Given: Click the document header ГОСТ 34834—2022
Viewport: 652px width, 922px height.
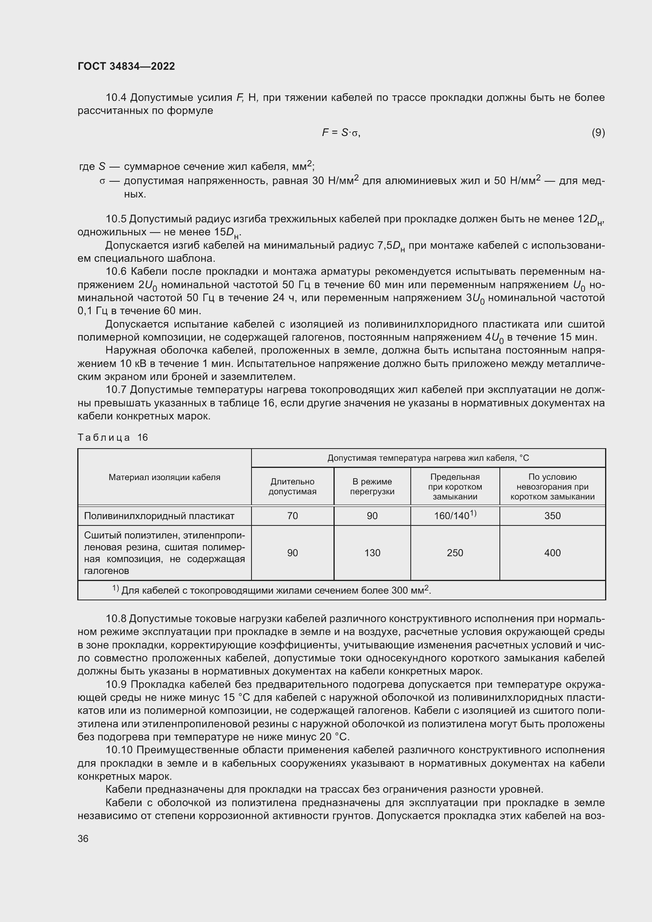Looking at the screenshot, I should pos(126,66).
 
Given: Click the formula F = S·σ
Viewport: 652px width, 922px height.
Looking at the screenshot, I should pos(341,132).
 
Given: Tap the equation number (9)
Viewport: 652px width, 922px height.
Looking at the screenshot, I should pos(598,132).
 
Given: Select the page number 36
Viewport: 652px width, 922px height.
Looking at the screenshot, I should pos(83,838).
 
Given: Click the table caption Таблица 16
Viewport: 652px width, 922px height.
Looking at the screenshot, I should pos(113,437).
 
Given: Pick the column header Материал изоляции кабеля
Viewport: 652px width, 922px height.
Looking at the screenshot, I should pos(164,477).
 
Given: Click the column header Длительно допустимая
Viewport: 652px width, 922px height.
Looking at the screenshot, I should pos(292,486).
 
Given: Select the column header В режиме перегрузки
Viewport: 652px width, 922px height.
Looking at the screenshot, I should pos(372,486).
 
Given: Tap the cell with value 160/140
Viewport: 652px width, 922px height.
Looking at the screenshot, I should pos(455,516).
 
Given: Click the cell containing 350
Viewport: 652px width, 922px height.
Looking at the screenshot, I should pos(552,516).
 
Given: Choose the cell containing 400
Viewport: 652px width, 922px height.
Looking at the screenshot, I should pos(552,553).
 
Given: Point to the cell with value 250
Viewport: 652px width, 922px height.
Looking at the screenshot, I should pos(455,553).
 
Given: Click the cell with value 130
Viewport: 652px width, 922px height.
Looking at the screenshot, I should pos(372,553).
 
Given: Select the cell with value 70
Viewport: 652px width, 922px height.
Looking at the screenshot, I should pos(292,516).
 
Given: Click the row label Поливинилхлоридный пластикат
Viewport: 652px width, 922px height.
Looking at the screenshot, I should pos(159,516).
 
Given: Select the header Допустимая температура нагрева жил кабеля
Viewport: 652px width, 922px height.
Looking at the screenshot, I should pos(428,458).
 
